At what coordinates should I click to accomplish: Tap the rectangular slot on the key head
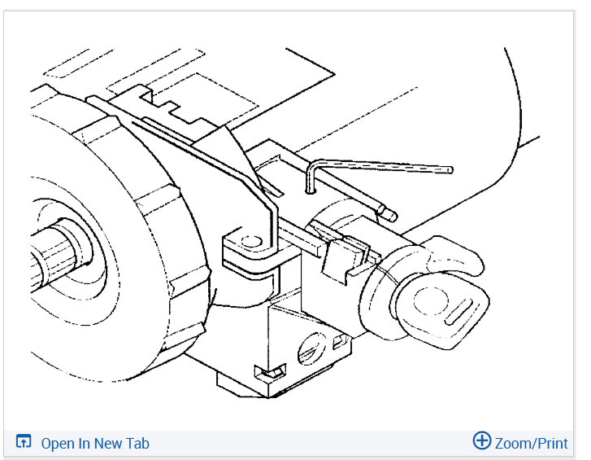(459, 312)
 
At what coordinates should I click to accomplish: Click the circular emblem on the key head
(431, 300)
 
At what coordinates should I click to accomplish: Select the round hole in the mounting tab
(252, 242)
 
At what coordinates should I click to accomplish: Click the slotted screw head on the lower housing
(311, 349)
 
